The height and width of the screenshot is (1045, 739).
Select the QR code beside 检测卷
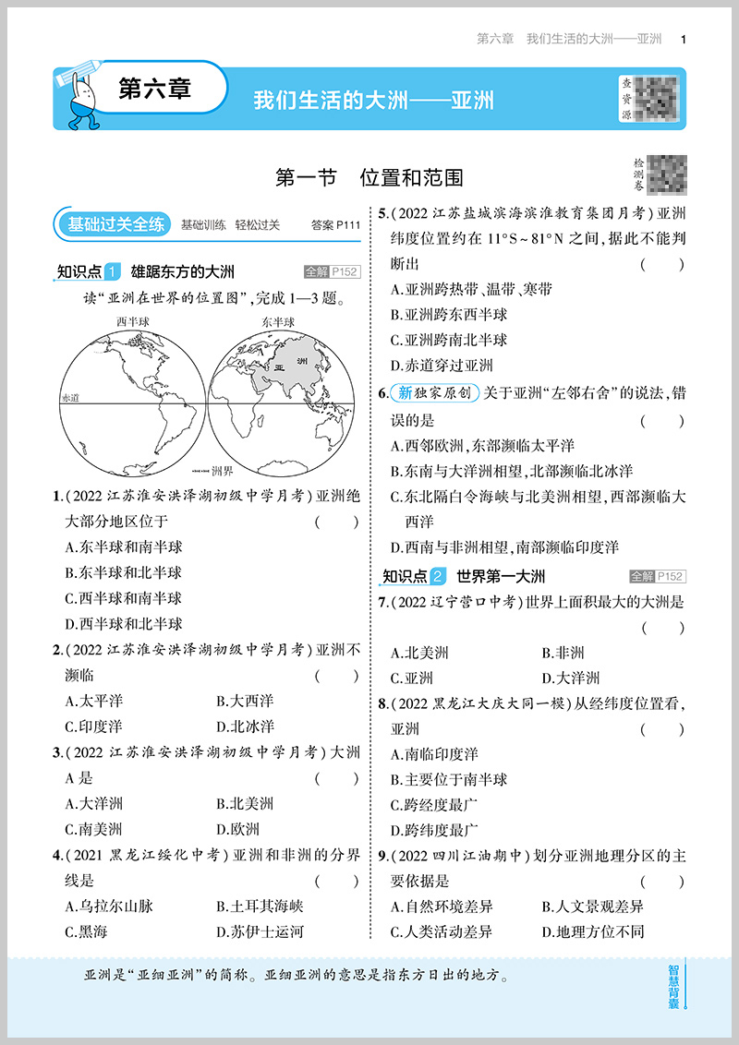[667, 173]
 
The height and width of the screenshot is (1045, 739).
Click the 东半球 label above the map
[277, 321]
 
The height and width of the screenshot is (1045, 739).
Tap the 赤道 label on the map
[70, 397]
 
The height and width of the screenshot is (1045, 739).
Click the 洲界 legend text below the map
[223, 469]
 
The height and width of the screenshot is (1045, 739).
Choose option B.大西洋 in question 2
[245, 701]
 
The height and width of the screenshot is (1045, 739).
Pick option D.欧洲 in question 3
[237, 829]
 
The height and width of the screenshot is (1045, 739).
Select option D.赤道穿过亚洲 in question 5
[442, 365]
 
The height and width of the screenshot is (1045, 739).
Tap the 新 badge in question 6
[405, 393]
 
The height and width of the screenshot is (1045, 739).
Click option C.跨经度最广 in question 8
[435, 804]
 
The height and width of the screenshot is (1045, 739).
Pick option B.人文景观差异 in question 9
[592, 907]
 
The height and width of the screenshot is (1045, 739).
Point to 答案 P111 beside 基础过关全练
[335, 224]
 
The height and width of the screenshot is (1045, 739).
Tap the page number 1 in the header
[683, 39]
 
